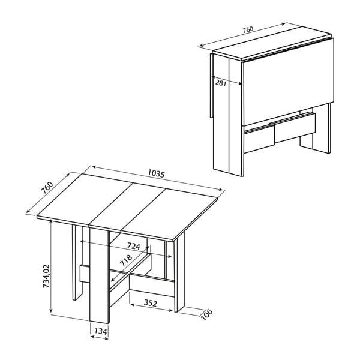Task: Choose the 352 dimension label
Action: click(x=151, y=303)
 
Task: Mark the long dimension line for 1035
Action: click(x=157, y=180)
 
